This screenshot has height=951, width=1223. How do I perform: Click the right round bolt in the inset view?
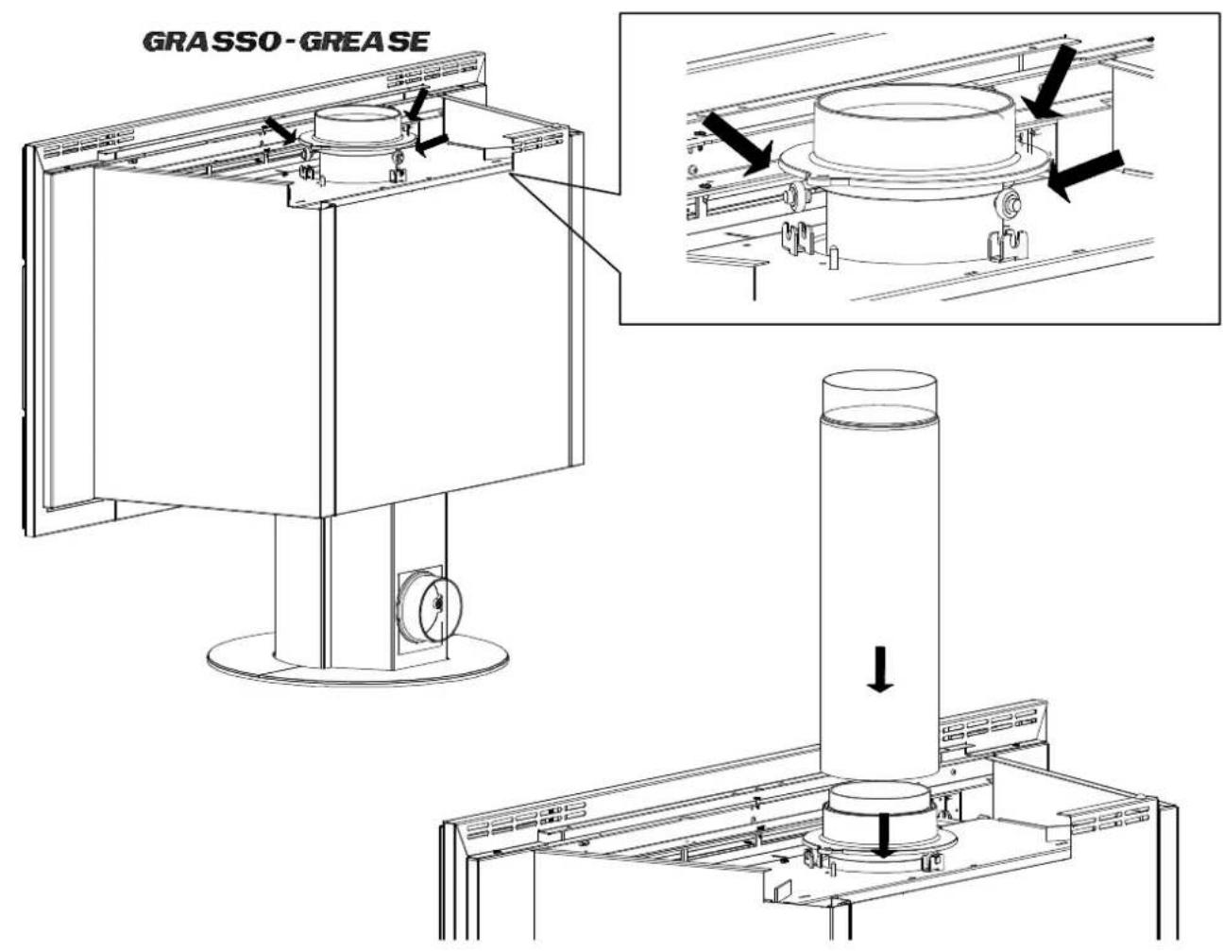coord(1011,202)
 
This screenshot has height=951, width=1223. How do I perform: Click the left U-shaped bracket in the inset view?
coord(798,239)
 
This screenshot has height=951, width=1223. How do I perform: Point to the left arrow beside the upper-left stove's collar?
coord(281,130)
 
